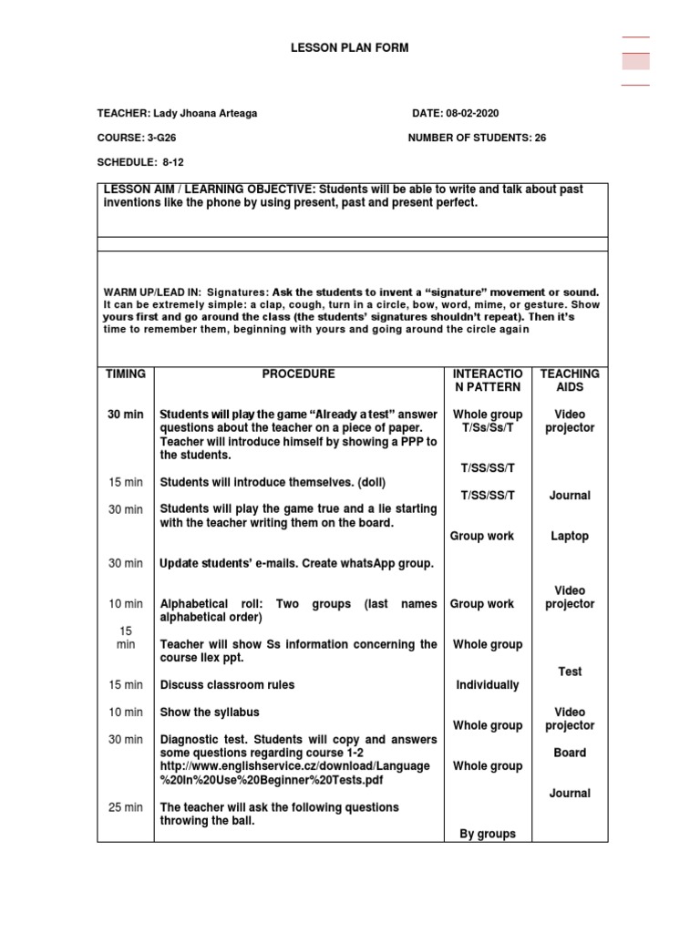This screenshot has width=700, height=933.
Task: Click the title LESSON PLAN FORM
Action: click(350, 47)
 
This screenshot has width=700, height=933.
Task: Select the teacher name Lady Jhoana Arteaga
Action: click(207, 113)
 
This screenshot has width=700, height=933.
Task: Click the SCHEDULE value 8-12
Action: click(173, 162)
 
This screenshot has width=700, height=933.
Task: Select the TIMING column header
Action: click(126, 374)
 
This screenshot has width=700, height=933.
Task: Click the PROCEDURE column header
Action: click(298, 374)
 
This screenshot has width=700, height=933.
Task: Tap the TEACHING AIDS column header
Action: click(570, 380)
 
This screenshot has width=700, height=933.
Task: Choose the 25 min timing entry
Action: click(126, 807)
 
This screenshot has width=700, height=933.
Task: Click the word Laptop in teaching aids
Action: click(570, 537)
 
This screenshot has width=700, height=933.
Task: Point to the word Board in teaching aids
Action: click(570, 753)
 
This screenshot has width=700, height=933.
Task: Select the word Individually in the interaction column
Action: click(488, 685)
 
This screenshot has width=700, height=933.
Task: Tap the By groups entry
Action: click(488, 834)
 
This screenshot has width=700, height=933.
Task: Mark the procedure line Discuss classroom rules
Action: click(227, 685)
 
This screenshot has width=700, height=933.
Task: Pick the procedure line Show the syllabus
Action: click(205, 713)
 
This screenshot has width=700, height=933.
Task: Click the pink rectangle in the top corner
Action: click(635, 61)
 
